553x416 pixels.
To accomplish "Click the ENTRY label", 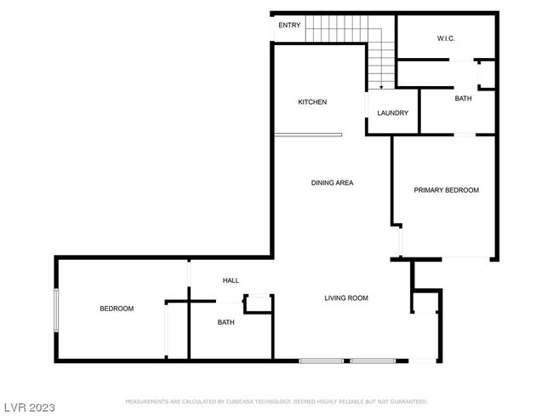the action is click(x=289, y=25).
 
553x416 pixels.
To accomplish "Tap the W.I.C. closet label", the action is click(x=446, y=38).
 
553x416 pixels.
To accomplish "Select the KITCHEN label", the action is click(x=312, y=102).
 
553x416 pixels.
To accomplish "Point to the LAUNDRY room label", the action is click(x=392, y=113).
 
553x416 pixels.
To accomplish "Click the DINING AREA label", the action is click(x=332, y=182).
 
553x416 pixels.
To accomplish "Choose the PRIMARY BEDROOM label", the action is click(x=446, y=190).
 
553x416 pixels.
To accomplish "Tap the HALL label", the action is click(x=231, y=280).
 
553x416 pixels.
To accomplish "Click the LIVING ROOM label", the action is click(x=346, y=298).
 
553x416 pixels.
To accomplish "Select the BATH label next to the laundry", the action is click(x=463, y=99).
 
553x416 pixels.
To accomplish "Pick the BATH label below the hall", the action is click(x=225, y=322).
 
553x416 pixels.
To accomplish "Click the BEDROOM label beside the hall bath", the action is click(x=117, y=309).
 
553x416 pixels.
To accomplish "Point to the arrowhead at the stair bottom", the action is click(x=381, y=87).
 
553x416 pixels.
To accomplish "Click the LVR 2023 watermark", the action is click(x=30, y=407).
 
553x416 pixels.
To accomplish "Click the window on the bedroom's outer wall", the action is click(x=56, y=310).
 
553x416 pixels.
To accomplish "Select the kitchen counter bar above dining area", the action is click(x=308, y=135).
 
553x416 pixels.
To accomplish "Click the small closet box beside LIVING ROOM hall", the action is click(x=258, y=303).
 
